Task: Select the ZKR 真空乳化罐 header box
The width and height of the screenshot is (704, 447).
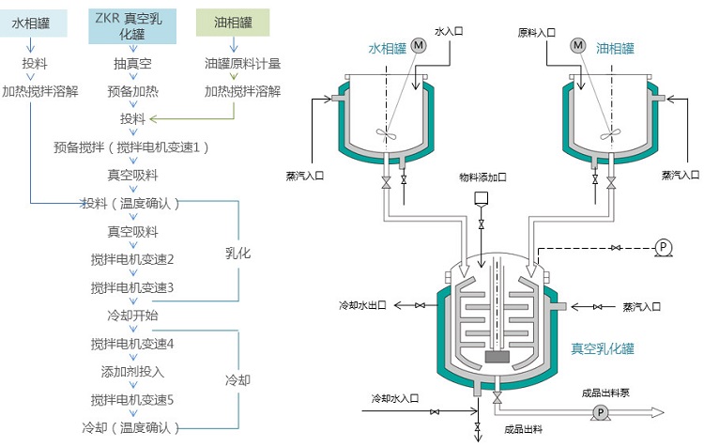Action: point(132,26)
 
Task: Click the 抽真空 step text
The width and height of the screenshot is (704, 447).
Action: point(132,64)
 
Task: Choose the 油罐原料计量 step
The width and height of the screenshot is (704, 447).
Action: point(243,64)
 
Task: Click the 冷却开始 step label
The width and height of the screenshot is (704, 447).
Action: point(132,315)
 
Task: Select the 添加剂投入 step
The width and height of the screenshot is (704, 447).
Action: point(132,372)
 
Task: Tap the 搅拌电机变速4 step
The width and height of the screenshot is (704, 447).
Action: point(132,344)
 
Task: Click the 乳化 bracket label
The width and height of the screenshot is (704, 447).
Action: point(238,254)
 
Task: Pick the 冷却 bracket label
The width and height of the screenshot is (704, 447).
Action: point(238,380)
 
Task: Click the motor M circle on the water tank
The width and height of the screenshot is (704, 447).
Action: point(419,45)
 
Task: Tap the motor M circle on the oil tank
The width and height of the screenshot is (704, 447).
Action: point(578,45)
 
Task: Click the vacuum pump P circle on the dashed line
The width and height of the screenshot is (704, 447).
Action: point(663,247)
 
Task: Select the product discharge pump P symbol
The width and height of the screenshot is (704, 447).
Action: point(599,412)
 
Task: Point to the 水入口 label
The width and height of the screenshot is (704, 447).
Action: point(450,32)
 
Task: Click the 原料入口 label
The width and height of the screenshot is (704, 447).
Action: point(536,32)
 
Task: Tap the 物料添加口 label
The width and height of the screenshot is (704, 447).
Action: point(482,177)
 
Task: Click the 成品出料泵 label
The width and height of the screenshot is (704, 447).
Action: point(608,392)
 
